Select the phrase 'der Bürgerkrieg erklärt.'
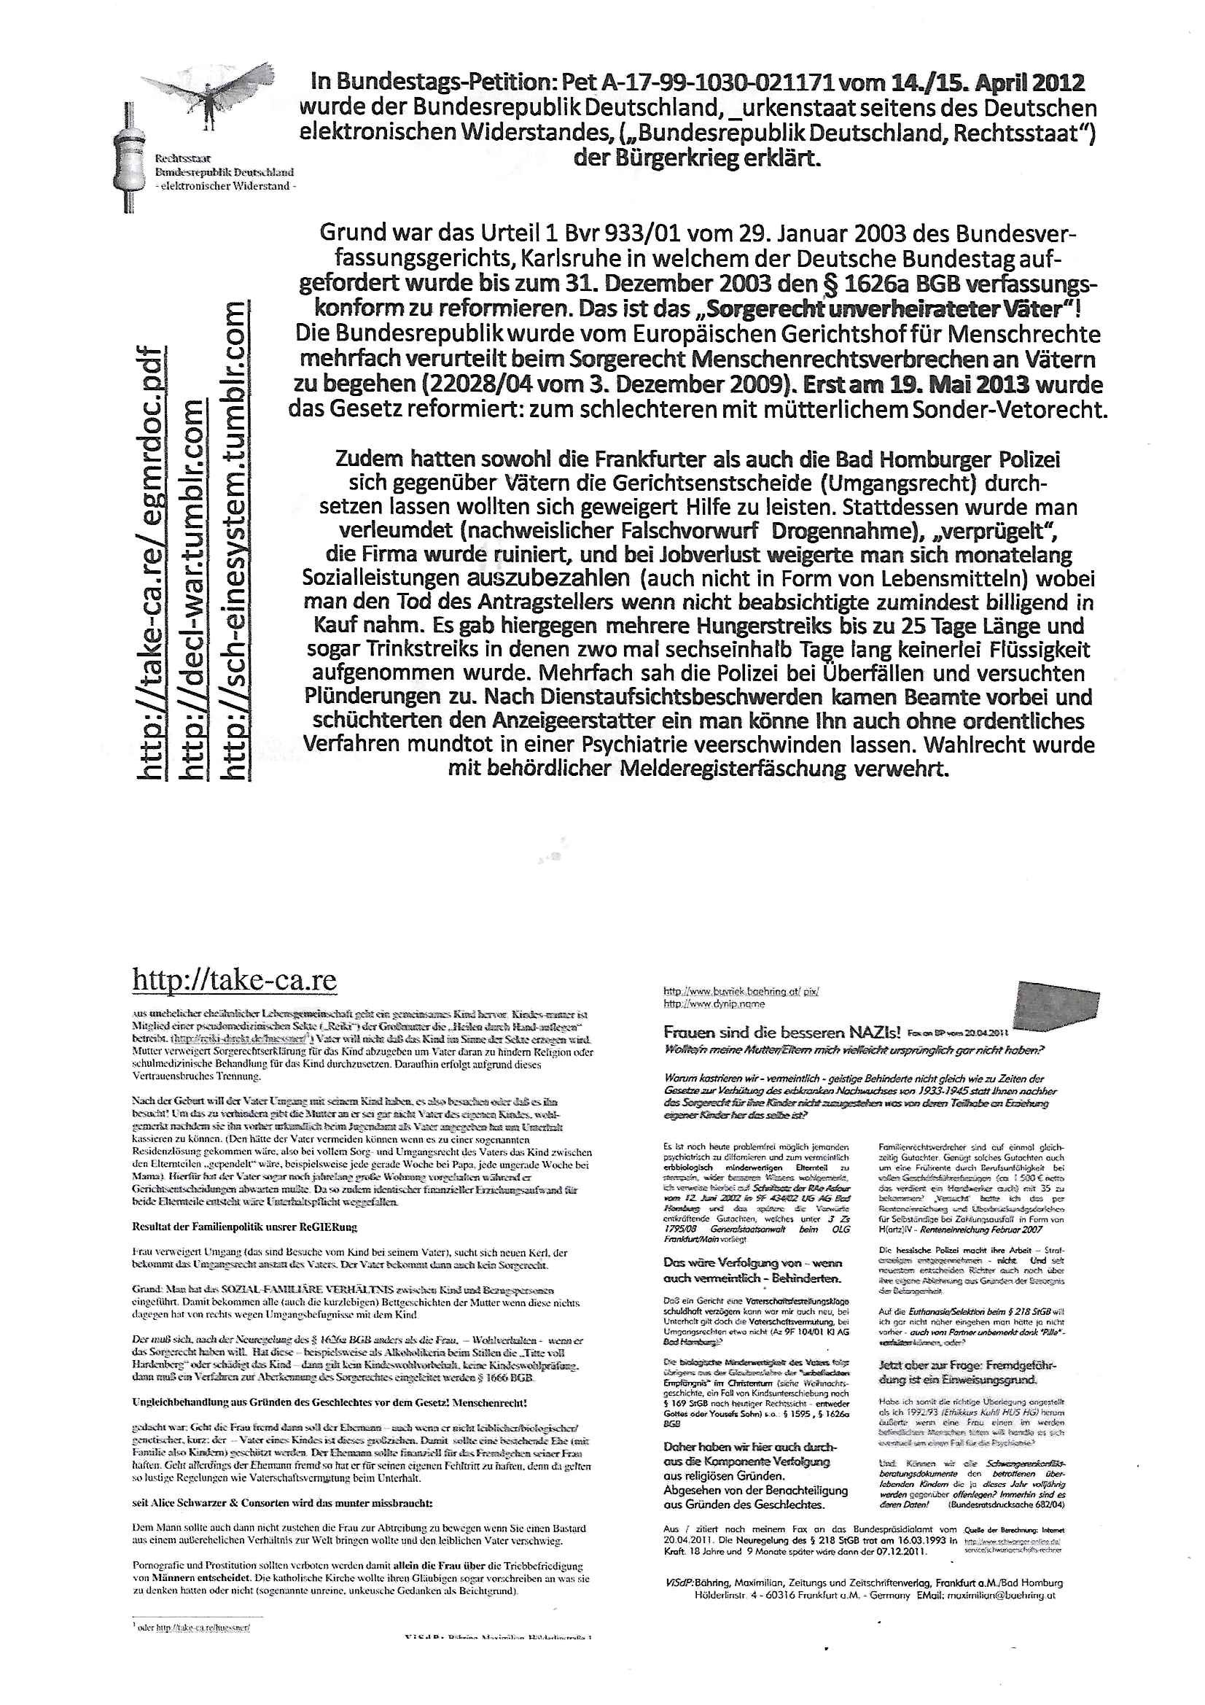[x=697, y=158]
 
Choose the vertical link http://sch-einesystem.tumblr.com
[x=235, y=541]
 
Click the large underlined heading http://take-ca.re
[x=235, y=979]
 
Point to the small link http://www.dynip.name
[x=703, y=1004]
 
